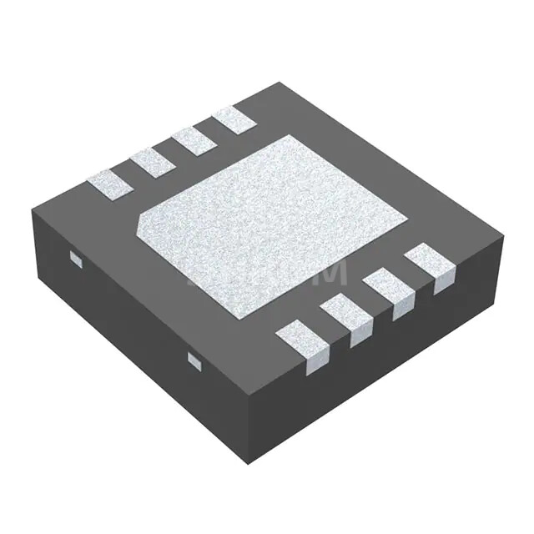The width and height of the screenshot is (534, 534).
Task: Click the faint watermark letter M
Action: [327, 273]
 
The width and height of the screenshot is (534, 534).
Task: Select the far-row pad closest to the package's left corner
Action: [109, 183]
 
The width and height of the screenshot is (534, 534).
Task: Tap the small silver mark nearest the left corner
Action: [76, 259]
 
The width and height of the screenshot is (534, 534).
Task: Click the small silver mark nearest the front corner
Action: [194, 360]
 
